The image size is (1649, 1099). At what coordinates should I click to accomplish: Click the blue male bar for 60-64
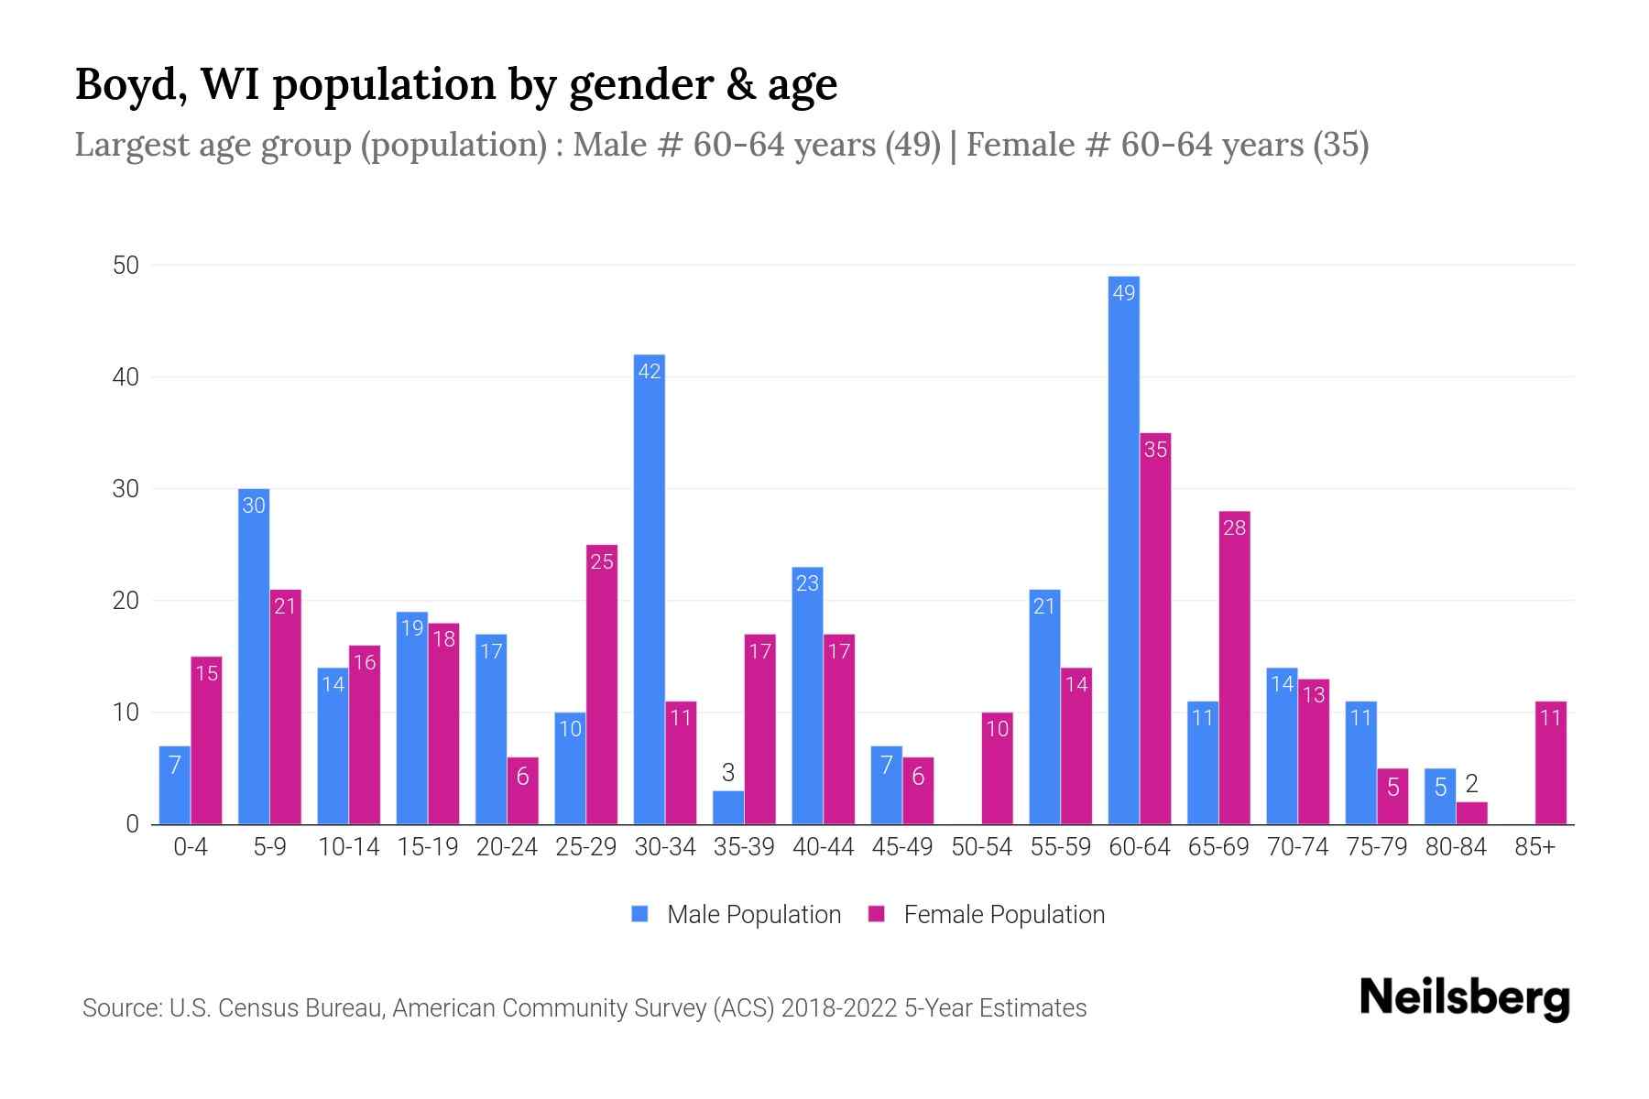click(x=1123, y=549)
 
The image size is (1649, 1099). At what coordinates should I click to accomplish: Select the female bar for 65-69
click(x=1234, y=668)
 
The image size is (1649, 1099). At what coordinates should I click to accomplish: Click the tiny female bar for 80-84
click(x=1471, y=813)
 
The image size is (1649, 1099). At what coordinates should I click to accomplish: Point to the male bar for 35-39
click(x=728, y=807)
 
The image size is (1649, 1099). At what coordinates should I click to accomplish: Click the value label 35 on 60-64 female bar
click(x=1155, y=450)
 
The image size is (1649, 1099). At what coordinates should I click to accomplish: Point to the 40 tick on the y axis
click(x=126, y=377)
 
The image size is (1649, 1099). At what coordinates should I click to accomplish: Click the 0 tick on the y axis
click(x=133, y=824)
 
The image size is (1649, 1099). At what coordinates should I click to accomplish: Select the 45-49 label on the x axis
click(x=901, y=847)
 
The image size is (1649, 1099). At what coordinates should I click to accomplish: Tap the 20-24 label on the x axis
click(x=507, y=847)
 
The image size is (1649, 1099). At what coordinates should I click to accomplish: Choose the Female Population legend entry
click(x=987, y=914)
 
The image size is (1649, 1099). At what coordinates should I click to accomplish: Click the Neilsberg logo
click(x=1464, y=998)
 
